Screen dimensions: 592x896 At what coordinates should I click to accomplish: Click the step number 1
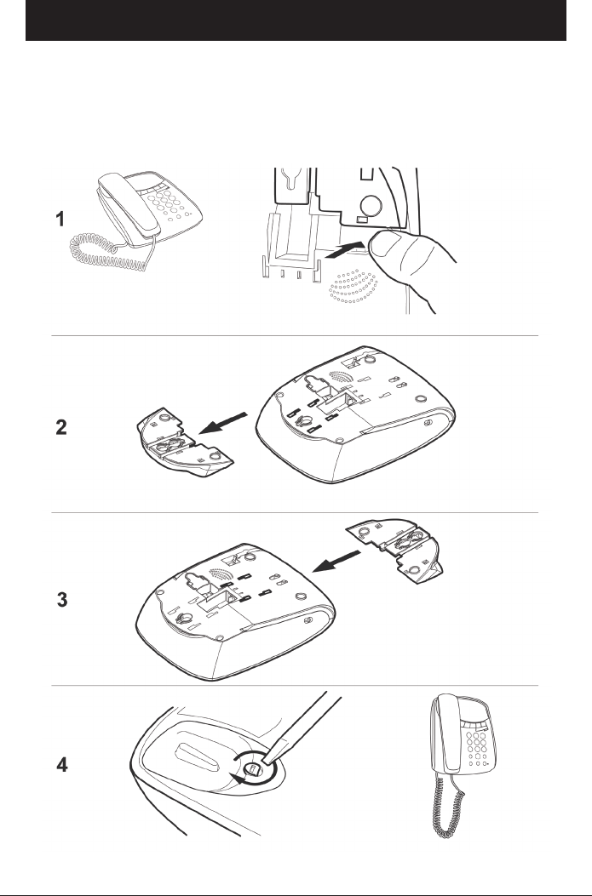click(x=60, y=220)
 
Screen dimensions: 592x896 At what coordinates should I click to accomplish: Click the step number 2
click(x=61, y=427)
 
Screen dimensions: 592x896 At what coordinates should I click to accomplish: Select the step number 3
click(x=62, y=600)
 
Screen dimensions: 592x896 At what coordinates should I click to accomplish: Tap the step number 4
click(x=62, y=765)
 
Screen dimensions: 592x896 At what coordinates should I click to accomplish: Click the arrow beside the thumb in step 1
click(x=344, y=250)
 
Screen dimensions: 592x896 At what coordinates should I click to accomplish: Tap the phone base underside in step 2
click(x=354, y=413)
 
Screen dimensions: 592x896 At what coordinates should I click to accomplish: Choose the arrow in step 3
click(x=336, y=561)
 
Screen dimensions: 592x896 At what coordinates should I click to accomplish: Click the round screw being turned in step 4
click(x=256, y=769)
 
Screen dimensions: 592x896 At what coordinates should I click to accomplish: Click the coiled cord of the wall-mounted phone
click(x=448, y=805)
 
